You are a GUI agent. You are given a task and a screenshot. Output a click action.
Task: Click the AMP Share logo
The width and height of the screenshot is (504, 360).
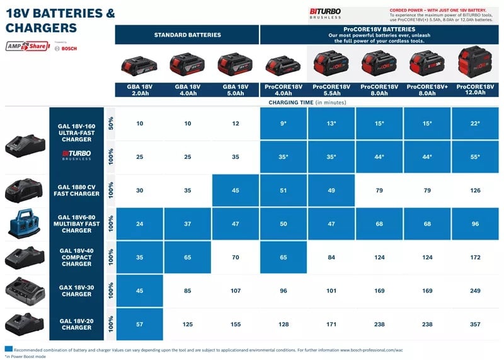[x=28, y=46]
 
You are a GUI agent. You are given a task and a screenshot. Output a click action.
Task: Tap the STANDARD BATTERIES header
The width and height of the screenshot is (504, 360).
[x=187, y=35]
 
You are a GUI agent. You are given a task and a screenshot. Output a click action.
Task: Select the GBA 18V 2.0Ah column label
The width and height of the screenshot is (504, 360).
[x=139, y=89]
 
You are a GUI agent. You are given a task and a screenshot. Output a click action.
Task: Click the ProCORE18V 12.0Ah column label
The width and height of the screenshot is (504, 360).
[x=475, y=89]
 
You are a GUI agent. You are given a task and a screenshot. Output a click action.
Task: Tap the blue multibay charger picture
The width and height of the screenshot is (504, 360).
[x=25, y=223]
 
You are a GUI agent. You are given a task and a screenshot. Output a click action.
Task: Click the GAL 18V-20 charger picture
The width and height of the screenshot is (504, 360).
[x=25, y=323]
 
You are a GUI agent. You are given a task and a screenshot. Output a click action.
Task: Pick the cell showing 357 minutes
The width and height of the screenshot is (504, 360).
[x=475, y=324]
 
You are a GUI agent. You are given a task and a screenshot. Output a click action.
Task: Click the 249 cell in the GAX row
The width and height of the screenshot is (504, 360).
[x=475, y=291]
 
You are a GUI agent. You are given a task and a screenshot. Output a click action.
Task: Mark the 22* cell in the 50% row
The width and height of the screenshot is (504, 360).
[x=475, y=124]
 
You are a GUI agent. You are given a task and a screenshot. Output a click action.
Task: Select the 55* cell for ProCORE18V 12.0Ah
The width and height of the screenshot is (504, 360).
[x=475, y=156]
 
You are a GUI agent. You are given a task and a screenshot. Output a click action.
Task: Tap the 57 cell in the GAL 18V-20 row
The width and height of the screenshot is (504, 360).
[x=139, y=324]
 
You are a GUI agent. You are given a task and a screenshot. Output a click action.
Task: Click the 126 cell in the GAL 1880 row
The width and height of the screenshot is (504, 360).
[x=475, y=190]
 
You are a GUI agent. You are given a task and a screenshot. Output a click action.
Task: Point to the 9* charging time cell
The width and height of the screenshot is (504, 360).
[x=283, y=124]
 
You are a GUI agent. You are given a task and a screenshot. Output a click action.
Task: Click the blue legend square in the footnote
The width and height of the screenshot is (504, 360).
[x=8, y=349]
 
